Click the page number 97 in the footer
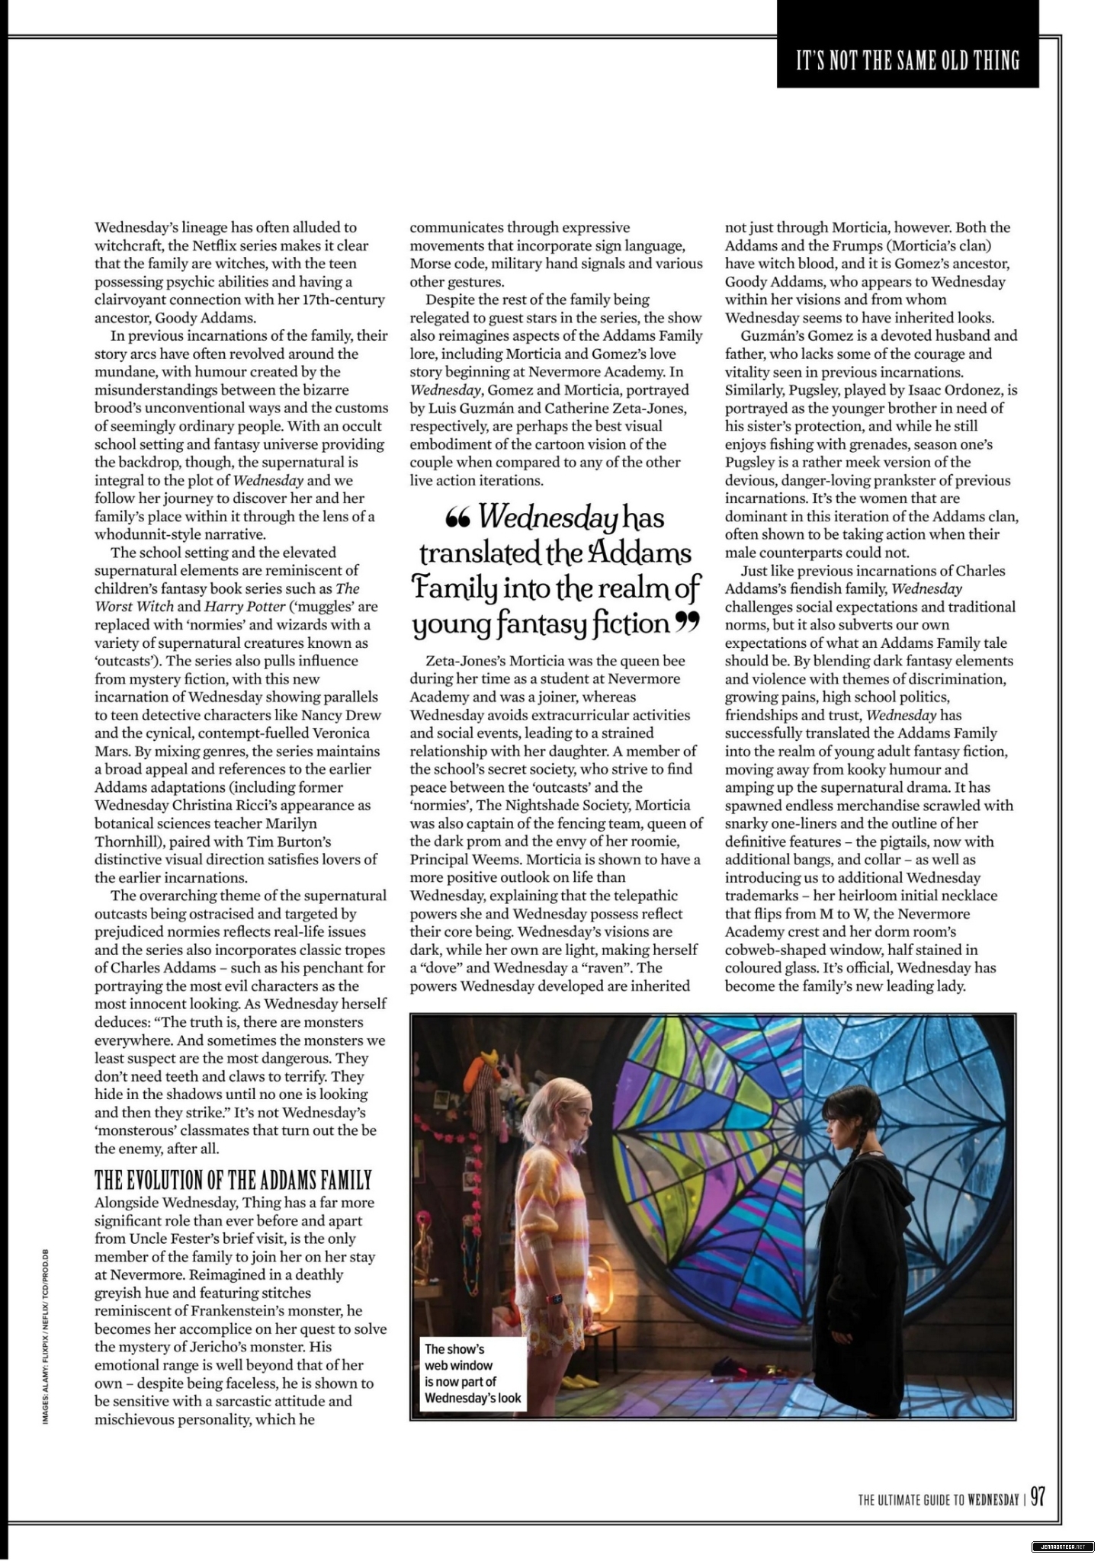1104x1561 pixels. (1038, 1498)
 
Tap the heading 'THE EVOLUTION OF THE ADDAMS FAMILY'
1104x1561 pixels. (233, 1181)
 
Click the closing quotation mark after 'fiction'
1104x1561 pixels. (687, 623)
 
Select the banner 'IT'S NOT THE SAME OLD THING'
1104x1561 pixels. (907, 61)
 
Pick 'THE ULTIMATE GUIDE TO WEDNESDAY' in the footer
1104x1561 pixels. (939, 1499)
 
